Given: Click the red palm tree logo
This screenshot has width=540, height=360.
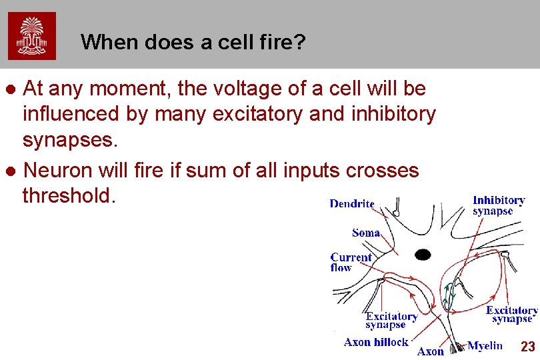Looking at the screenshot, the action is (x=32, y=36).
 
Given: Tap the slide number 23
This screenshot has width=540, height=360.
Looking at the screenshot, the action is (x=527, y=347).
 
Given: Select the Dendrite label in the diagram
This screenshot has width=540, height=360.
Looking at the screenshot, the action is (x=352, y=204).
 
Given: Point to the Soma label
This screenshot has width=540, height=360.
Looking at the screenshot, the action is (x=366, y=233).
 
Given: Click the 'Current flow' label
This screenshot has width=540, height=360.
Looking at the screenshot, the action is (x=351, y=262).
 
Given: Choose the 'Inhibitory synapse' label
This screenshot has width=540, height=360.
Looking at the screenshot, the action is (x=499, y=205).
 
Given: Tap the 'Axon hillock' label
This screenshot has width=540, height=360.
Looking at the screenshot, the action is (x=376, y=342).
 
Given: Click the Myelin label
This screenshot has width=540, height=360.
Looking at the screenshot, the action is (x=485, y=345).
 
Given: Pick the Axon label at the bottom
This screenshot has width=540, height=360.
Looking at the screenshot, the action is (x=431, y=351).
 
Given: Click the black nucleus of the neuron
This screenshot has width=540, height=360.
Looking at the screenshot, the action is (x=423, y=254).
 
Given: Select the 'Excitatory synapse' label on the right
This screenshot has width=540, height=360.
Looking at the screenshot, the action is (x=511, y=315).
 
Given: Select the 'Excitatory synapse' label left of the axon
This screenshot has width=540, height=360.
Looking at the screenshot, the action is (x=391, y=321).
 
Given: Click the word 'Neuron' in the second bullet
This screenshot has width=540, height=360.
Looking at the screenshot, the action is (x=57, y=171).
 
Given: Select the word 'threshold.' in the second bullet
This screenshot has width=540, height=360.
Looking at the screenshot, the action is (x=69, y=196).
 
